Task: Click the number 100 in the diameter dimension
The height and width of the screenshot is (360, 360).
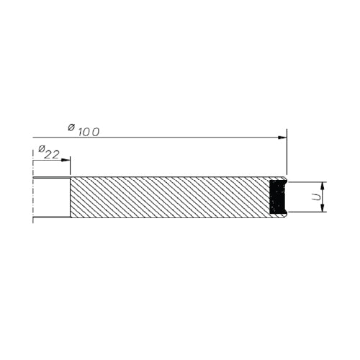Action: (x=89, y=131)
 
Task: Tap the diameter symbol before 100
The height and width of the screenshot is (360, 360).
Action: (x=71, y=127)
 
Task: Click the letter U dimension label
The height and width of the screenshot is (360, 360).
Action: (x=315, y=197)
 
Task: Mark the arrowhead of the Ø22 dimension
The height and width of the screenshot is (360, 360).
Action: (x=66, y=159)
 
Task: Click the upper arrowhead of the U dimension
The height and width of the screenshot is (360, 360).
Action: (x=323, y=184)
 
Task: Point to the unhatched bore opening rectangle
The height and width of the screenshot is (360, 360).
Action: (x=51, y=197)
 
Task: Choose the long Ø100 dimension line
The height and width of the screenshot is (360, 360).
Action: (x=158, y=137)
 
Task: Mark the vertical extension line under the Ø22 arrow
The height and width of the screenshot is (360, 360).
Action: (x=70, y=168)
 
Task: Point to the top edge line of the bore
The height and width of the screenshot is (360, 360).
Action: (x=51, y=178)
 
